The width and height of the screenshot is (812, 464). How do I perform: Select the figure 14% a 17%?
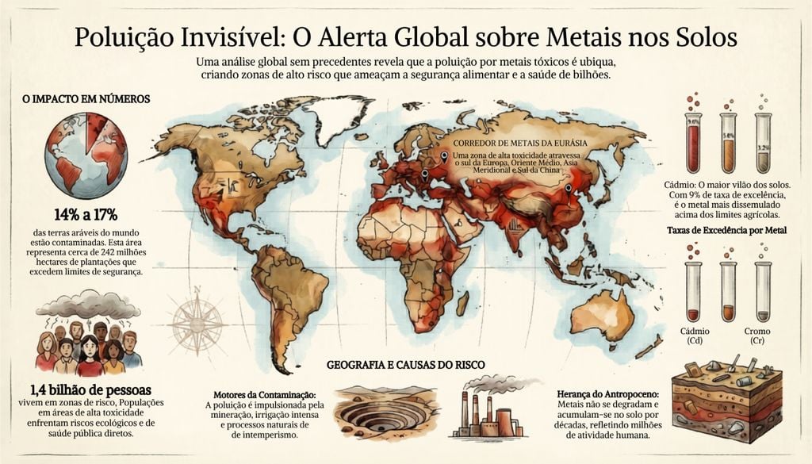tap(86, 214)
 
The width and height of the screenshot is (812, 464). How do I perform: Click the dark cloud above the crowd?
tap(87, 304)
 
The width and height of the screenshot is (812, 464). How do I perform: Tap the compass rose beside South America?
tap(197, 321)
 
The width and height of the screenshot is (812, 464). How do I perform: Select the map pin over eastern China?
tap(568, 189)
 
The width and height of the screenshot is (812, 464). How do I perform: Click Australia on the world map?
tap(603, 313)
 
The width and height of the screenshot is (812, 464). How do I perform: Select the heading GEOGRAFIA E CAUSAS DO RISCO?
tap(406, 365)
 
